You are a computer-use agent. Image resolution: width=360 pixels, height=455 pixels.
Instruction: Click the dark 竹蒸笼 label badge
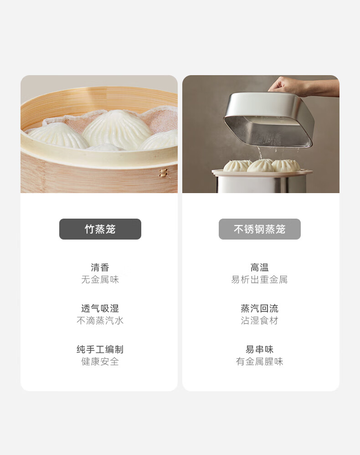[100, 229]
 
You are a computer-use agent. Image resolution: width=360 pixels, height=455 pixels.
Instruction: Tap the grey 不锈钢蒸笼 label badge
[260, 229]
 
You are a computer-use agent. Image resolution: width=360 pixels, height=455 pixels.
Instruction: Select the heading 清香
[100, 267]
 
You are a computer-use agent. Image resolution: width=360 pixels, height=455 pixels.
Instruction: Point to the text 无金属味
[100, 280]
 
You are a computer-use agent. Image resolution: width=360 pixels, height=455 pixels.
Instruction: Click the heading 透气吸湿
[100, 308]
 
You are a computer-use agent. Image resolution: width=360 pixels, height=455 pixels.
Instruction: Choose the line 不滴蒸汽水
[100, 320]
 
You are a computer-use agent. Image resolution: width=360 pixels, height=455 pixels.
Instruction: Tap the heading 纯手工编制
[100, 349]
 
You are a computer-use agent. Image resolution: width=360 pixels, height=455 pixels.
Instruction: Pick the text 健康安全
[100, 361]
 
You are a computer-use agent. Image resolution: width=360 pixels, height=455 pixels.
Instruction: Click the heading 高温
[260, 267]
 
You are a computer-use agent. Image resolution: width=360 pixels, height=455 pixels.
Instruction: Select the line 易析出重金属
[260, 280]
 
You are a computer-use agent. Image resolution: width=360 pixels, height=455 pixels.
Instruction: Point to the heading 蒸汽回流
[260, 308]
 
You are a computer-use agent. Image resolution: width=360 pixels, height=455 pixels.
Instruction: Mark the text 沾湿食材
[260, 320]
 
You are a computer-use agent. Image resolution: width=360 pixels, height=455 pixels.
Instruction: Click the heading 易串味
[260, 349]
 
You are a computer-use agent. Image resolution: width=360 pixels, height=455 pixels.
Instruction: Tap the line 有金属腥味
[260, 361]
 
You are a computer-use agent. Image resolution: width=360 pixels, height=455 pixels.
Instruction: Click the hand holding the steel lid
[302, 86]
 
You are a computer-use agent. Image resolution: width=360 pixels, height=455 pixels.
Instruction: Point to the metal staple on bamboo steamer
[164, 173]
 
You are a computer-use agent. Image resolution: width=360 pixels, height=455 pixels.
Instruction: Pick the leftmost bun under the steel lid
[237, 165]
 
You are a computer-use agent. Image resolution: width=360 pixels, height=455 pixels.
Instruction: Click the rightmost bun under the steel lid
[286, 165]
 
